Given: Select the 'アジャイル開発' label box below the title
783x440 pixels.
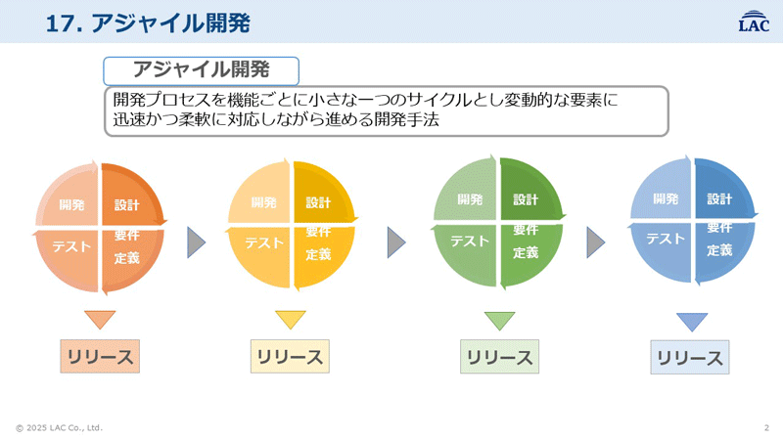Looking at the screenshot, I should coord(201,70).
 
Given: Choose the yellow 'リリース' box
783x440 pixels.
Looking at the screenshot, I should coord(289,356).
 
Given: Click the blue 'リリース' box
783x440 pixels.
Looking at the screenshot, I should coord(690,358).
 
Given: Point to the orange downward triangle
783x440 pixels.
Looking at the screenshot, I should coord(100,320).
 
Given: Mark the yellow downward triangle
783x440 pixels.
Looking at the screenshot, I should coord(291,320).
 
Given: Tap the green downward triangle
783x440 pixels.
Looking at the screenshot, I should coord(499,321).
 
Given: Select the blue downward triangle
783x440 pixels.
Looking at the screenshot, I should coord(692,322).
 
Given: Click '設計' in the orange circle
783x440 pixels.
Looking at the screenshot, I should coord(127,205).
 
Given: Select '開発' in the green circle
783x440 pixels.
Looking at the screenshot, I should coord(472,199).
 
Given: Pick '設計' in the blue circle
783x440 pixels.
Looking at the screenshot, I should coord(720,199).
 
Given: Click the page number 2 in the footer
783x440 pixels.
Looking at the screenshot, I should coord(765,427).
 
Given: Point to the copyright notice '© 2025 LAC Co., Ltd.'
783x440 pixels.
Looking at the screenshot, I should coord(59,427).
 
